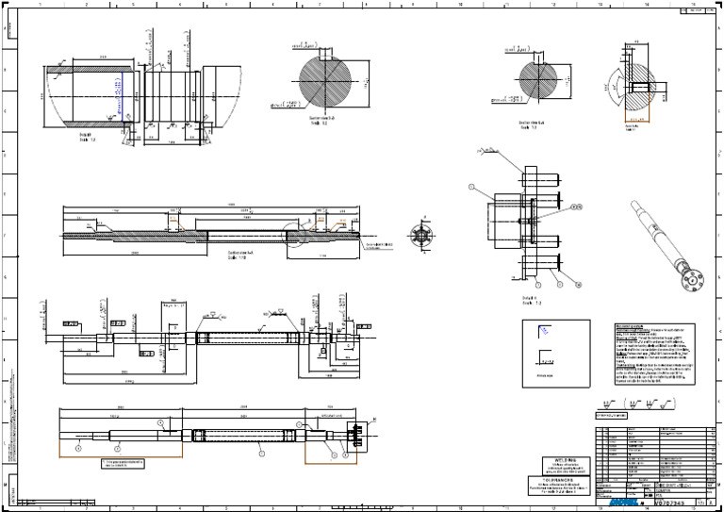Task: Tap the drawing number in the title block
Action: coord(667,504)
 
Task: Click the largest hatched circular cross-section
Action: coord(325,81)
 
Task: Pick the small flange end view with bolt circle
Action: coord(421,235)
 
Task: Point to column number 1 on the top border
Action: coord(40,5)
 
